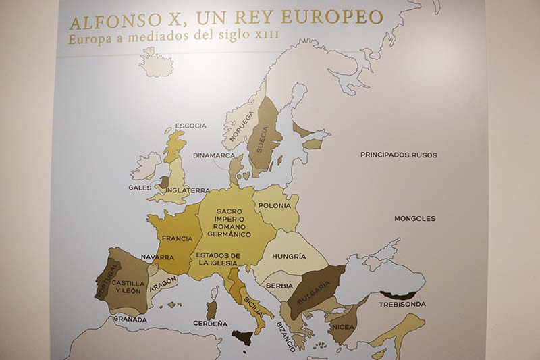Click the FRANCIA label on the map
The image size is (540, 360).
point(178,238)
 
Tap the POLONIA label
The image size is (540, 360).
point(274,205)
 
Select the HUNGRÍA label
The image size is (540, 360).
point(290,257)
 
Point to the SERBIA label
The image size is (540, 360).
point(279,286)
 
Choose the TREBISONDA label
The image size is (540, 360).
point(402,304)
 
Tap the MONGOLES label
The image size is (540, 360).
point(415,218)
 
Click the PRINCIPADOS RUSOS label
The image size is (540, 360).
point(398,155)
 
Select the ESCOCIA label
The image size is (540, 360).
point(190,126)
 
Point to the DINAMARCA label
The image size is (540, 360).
point(213,155)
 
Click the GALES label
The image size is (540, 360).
point(140,188)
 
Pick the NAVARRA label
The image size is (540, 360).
point(157,257)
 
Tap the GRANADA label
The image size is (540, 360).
point(130,319)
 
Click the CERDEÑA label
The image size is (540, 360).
point(210,324)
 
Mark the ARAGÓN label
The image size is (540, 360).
point(163,284)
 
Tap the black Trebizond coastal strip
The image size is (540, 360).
point(398,295)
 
